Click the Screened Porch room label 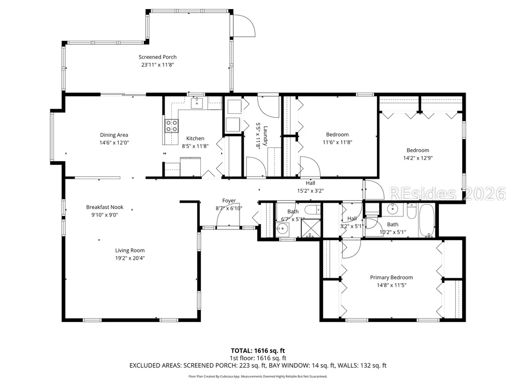[157, 57]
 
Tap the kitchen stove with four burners [172, 126]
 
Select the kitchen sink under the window [197, 103]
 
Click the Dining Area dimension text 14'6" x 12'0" [114, 142]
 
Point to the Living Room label [130, 251]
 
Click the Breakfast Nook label [105, 207]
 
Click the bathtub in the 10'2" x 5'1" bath [427, 220]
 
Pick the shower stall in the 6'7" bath [311, 228]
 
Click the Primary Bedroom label [391, 277]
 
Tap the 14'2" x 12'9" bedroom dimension [418, 158]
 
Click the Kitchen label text [195, 138]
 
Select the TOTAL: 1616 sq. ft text [258, 350]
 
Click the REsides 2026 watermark [448, 193]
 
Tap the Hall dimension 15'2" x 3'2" [310, 191]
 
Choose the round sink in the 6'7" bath [282, 228]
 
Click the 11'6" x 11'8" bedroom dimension [337, 142]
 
